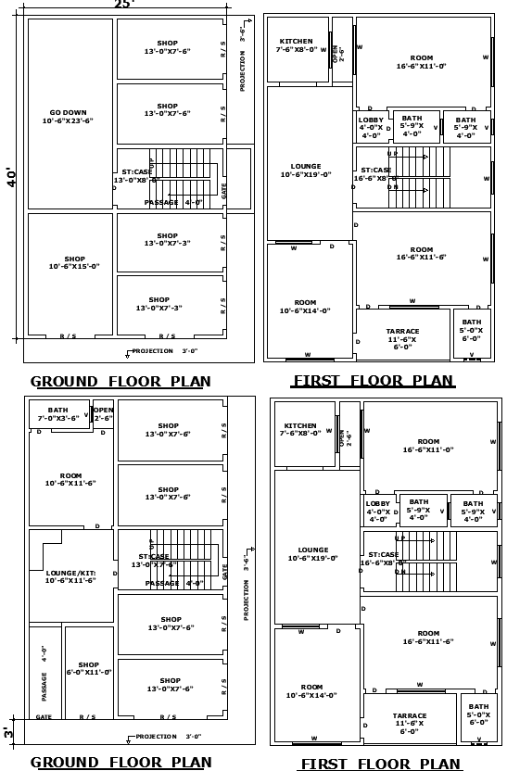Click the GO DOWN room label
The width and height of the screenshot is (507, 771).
pos(68,116)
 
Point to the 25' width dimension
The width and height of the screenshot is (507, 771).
pos(123,5)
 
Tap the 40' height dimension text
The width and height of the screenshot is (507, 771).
pos(12,177)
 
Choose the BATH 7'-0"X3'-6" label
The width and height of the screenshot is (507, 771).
pos(58,414)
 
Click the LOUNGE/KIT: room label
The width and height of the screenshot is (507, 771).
pos(70,576)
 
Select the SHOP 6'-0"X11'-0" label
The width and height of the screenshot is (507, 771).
pos(88,668)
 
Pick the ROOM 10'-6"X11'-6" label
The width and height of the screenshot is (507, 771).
pos(70,479)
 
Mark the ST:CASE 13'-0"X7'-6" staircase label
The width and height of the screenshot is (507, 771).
pos(153,560)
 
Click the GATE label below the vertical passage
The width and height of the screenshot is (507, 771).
pos(44,716)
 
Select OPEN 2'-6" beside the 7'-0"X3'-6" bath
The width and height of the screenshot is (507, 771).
pos(103,414)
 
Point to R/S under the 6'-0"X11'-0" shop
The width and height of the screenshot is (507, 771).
pos(87,716)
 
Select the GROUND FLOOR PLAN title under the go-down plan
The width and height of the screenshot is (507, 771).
pos(120,381)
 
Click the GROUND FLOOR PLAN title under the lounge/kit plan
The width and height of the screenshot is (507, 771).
pos(120,763)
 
